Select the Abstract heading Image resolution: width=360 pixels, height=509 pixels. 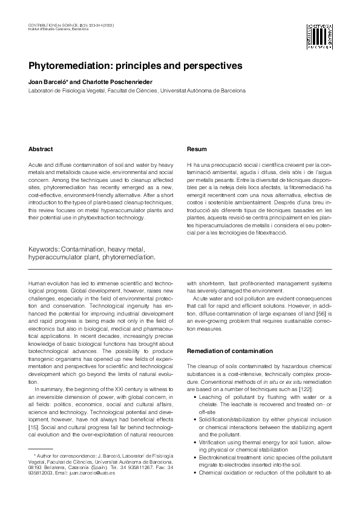coord(41,149)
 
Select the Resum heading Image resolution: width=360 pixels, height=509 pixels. coord(197,149)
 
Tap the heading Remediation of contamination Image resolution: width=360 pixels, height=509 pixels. coord(229,351)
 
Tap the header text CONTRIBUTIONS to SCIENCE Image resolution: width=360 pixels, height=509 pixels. coord(53,24)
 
